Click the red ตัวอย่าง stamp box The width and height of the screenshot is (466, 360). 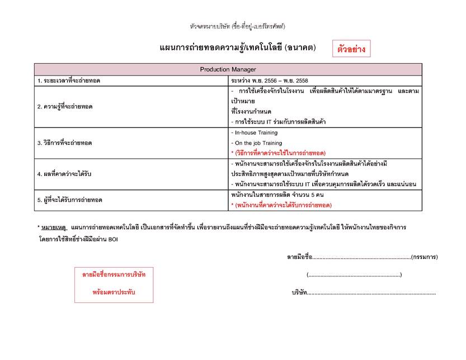351,49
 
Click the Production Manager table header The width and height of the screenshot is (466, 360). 228,69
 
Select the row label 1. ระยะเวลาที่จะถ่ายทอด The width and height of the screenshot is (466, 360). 72,80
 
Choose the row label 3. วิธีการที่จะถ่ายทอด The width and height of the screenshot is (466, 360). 64,143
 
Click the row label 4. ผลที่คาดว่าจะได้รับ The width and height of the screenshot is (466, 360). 64,174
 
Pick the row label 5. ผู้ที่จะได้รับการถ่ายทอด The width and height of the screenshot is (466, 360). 70,200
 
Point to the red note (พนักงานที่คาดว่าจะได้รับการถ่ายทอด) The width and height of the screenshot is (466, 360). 281,205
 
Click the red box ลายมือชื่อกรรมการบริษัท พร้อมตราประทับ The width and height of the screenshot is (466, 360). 114,283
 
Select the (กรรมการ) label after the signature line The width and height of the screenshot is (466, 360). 424,257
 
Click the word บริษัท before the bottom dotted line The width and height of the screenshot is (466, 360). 299,292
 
